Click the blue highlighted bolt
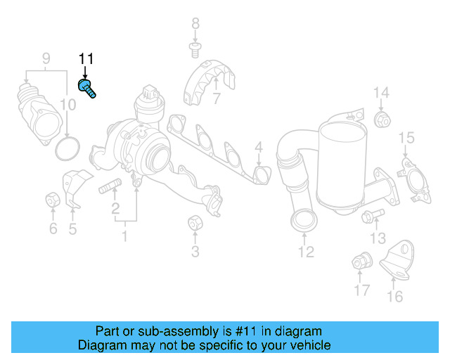[86, 89]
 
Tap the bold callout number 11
[86, 59]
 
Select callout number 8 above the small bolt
[195, 23]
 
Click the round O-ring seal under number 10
[67, 148]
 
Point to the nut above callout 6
[53, 199]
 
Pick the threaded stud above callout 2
[110, 186]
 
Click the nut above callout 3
[195, 222]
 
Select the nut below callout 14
[382, 120]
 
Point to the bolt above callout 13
[373, 215]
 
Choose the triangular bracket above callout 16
[397, 261]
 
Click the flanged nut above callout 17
[362, 260]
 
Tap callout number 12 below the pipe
[307, 252]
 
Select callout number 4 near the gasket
[259, 147]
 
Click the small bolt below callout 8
[195, 50]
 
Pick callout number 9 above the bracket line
[46, 58]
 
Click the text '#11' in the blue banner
[245, 331]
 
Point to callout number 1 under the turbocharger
[124, 236]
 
